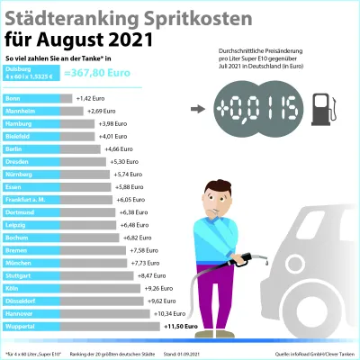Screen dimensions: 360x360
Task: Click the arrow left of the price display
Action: tap(198, 109)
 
